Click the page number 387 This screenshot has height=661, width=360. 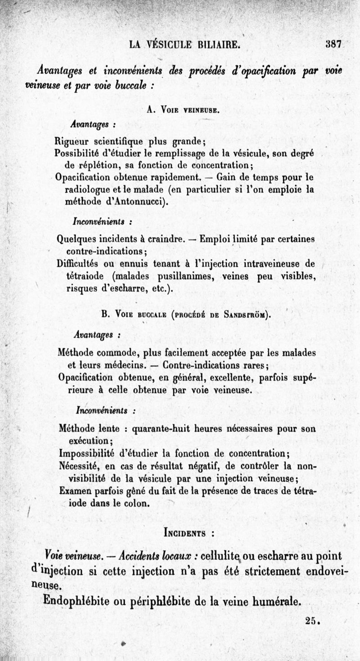335,45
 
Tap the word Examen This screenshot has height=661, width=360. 75,491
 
